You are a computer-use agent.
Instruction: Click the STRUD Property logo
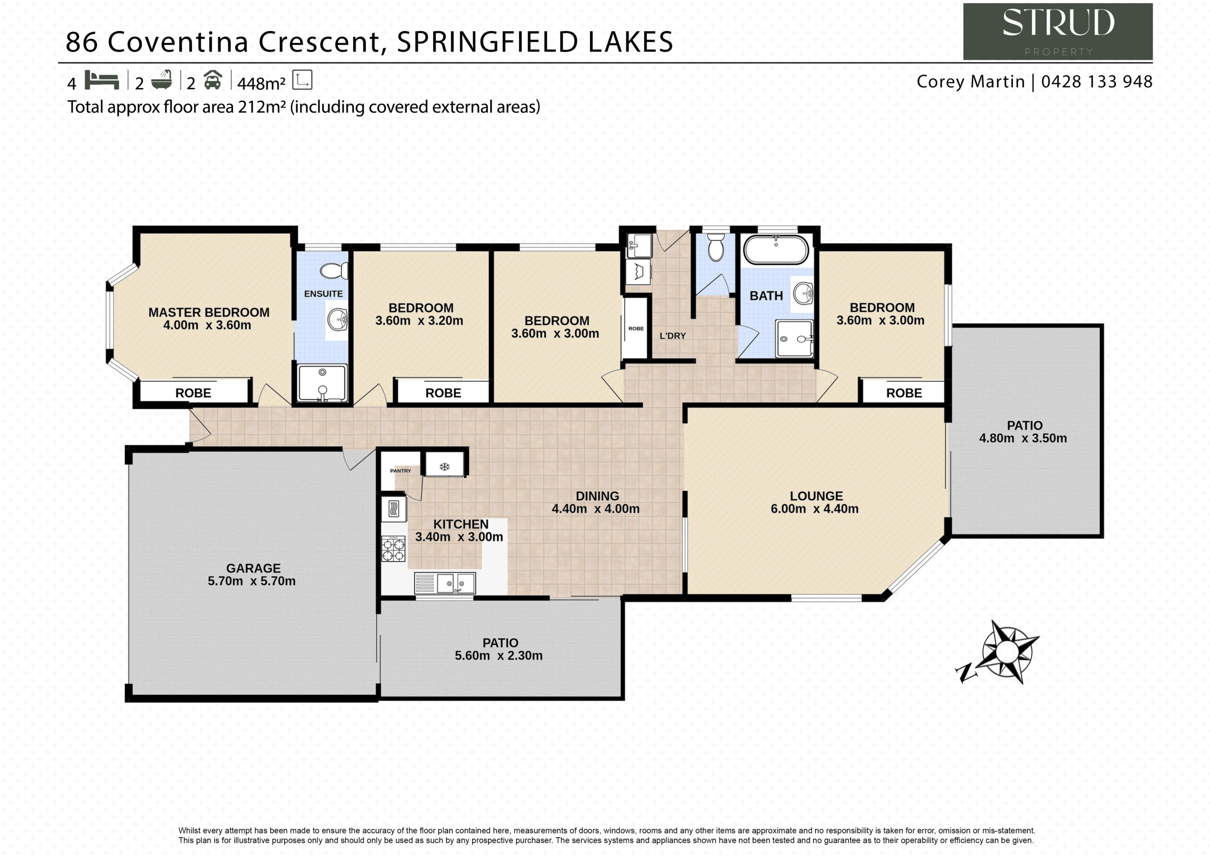click(1057, 31)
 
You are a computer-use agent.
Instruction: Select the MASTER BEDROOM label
click(209, 313)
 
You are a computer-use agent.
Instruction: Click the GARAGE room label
click(253, 568)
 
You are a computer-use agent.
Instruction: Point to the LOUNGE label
click(816, 496)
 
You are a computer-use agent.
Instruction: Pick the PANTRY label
click(400, 471)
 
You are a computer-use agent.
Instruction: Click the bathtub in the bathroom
click(776, 249)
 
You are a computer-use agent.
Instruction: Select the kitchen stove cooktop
click(393, 549)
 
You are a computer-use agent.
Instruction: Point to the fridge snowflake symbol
click(444, 467)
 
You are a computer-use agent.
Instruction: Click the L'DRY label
click(673, 335)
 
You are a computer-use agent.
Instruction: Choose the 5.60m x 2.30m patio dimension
click(499, 655)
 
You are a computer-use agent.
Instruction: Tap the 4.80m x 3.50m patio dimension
click(1023, 438)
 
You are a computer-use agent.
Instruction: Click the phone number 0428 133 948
click(1097, 82)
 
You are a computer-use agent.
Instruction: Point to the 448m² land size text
click(261, 83)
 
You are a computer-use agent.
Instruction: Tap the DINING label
click(597, 496)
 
